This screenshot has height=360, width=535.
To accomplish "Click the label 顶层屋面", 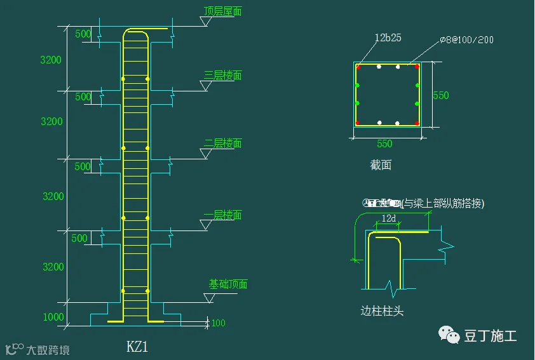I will click(222, 11).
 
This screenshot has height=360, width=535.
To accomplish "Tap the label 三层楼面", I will click(222, 76).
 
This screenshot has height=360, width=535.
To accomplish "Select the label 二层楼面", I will click(222, 143).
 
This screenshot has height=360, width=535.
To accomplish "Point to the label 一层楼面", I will click(222, 215).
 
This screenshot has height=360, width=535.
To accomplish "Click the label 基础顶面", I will click(228, 284).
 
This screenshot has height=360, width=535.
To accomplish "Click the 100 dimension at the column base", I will click(218, 323).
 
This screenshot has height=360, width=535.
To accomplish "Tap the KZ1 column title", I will click(137, 347).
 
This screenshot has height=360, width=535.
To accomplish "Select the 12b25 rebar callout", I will click(388, 38).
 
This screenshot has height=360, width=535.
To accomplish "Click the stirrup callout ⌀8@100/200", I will click(467, 40).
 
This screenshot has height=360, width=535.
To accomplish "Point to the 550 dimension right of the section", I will click(441, 95).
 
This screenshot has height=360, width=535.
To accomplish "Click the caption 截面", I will click(381, 166).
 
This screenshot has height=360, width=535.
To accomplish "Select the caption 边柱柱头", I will click(382, 311).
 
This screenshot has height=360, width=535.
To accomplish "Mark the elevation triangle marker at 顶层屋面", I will click(205, 22).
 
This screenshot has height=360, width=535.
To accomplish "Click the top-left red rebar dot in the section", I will click(358, 66).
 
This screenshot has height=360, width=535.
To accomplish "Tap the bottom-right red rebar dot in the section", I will click(417, 123).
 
